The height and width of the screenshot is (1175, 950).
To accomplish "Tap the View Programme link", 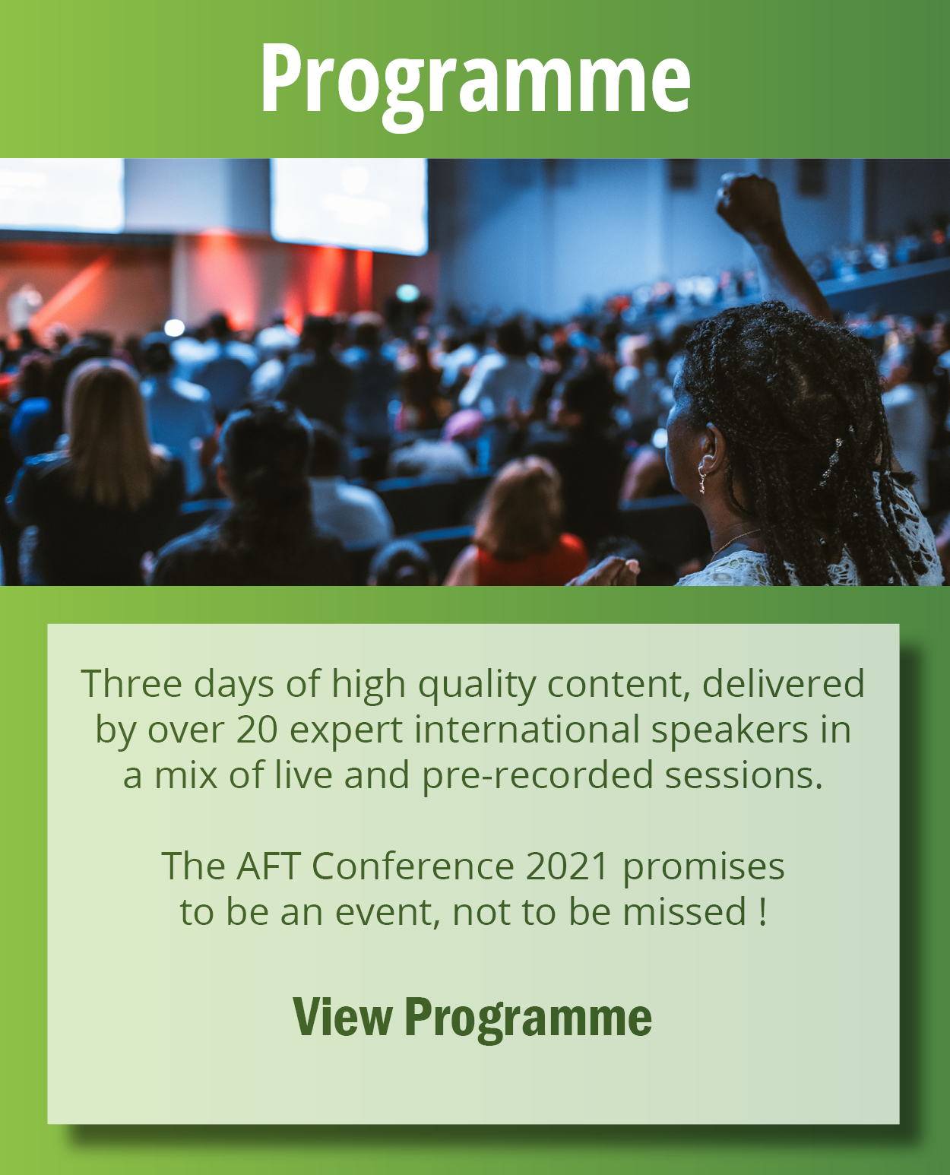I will (472, 1017).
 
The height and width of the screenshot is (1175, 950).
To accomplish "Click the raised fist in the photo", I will (749, 201).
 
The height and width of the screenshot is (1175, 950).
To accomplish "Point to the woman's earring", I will (702, 480).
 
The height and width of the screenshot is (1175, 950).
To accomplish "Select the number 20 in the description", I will (257, 730).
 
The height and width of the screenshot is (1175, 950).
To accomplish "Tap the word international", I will (527, 730).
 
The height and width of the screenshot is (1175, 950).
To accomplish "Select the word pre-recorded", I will (537, 775).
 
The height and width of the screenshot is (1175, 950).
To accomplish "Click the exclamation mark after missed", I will (762, 912).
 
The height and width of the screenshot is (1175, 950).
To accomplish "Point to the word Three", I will (131, 684).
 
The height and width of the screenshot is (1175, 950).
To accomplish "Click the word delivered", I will (783, 684).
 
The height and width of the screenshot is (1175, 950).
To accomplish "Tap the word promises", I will (703, 866).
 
